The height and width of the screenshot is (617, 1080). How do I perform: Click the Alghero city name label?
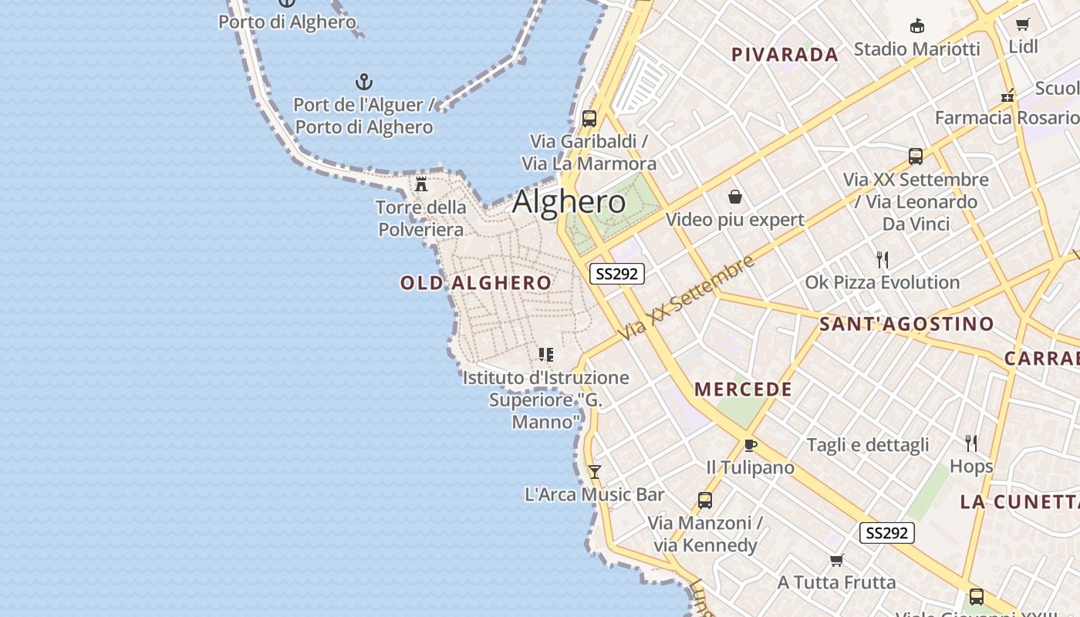point(569,202)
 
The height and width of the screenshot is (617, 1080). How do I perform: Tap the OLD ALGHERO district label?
point(475,283)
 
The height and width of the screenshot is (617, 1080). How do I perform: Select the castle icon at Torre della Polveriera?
point(421,184)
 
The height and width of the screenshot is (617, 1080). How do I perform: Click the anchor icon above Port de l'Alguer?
point(363,82)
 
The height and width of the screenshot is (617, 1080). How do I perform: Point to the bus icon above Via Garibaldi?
point(589,119)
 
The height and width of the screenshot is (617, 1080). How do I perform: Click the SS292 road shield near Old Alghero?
point(617,274)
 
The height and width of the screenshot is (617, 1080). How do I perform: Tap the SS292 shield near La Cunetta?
point(887,533)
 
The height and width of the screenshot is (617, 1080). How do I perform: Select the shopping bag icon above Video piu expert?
point(734,197)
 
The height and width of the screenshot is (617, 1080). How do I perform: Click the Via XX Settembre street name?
point(687,297)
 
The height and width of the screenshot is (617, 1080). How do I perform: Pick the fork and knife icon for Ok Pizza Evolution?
point(883,260)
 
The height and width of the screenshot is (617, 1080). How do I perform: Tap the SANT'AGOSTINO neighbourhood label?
point(906,324)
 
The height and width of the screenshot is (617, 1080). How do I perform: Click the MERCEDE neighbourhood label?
point(743,389)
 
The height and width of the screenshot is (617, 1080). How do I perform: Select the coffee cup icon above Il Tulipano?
point(750,445)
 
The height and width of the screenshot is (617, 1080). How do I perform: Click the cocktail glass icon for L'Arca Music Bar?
point(594,471)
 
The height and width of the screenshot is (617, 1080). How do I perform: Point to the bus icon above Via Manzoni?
point(704,501)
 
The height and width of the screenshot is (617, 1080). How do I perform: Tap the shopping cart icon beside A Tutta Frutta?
point(837,560)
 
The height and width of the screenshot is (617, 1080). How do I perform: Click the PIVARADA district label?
point(785,55)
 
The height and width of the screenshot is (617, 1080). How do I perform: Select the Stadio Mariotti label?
point(916,49)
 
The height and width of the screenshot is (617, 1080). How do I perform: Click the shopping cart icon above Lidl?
point(1023,24)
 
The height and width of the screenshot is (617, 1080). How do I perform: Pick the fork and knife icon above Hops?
point(971,443)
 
